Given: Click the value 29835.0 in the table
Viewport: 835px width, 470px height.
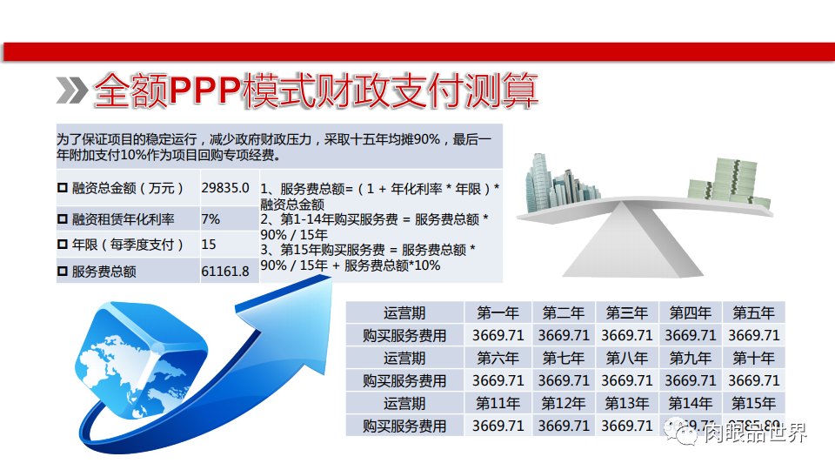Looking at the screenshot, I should [x=225, y=188].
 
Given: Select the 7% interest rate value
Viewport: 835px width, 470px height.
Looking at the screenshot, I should [x=210, y=218].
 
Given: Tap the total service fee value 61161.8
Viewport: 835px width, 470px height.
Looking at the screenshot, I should [x=225, y=272].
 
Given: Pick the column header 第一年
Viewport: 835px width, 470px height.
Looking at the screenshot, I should [x=498, y=312].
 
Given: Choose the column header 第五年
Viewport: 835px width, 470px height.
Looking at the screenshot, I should [x=753, y=312].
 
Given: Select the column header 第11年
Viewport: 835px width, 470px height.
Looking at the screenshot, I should [x=498, y=403].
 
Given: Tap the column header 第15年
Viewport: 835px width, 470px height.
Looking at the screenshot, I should [x=753, y=403].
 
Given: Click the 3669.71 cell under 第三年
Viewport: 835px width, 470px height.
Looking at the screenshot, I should [x=626, y=335].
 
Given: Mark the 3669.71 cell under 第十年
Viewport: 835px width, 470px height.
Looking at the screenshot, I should [x=753, y=380].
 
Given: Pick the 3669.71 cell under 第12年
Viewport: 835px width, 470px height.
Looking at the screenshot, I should [x=563, y=426].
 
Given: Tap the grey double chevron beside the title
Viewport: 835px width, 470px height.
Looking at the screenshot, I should [x=71, y=89].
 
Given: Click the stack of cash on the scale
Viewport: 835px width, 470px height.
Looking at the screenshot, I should [x=738, y=185].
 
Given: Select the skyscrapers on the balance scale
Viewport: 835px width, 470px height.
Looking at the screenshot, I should [x=557, y=183].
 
